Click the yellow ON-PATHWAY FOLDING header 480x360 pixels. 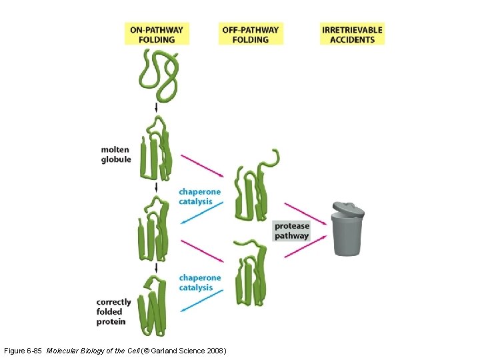click(157, 34)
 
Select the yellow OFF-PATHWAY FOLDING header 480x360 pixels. click(250, 34)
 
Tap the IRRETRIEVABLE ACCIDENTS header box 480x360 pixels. click(353, 34)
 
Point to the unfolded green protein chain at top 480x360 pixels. click(159, 70)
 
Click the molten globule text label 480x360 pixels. click(116, 154)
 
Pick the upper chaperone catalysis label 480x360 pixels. click(199, 196)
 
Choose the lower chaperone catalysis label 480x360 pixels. click(199, 283)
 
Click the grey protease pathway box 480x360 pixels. click(292, 231)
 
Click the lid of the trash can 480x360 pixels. click(348, 210)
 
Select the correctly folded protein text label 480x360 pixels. click(114, 312)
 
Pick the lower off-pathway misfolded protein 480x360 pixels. click(251, 273)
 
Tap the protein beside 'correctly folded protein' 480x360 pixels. click(155, 305)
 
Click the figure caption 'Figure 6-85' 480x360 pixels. click(23, 350)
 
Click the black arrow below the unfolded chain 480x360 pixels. click(156, 107)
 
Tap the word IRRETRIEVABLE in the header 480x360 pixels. click(353, 29)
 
